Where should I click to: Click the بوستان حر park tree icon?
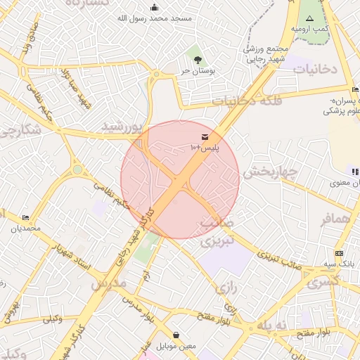coord(197,60)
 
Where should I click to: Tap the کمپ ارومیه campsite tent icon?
coord(309,18)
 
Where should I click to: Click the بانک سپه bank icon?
coord(340,253)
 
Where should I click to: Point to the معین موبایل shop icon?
coord(175,335)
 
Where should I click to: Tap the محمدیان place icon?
coord(26,218)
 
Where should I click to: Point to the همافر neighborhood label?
coord(335,220)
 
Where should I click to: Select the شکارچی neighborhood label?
coord(15,131)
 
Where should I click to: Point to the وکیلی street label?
coord(53,319)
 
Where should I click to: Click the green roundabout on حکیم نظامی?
coord(77,169)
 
